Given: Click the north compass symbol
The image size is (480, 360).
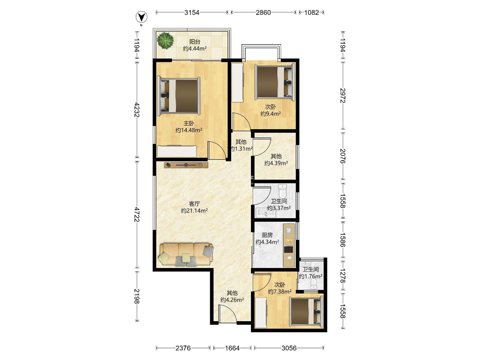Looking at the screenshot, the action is tap(141, 17).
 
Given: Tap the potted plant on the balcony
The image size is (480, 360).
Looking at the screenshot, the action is tap(166, 40).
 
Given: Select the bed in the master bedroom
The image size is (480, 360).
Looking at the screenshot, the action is tap(179, 96).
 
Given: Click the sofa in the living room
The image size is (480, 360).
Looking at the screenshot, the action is tap(186, 254).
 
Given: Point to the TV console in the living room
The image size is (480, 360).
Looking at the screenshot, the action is tap(186, 165).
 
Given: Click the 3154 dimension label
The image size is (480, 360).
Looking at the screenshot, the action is tap(192, 12).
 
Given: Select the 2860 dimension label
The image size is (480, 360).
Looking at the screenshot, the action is tap(263, 12).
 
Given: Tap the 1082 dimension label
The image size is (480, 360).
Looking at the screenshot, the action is tap(312, 12).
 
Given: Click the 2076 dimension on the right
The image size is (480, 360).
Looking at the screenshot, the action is tap(343, 156).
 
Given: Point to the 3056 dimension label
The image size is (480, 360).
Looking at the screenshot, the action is tap(289, 348).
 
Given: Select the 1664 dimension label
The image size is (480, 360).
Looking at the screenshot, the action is tap(232, 348).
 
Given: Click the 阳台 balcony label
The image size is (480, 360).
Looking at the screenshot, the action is tap(195, 42).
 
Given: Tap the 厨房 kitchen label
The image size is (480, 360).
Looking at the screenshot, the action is tap(267, 235).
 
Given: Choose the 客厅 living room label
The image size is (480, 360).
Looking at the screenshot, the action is tap(194, 204).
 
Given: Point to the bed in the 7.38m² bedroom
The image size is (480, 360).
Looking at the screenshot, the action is tap(306, 311).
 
